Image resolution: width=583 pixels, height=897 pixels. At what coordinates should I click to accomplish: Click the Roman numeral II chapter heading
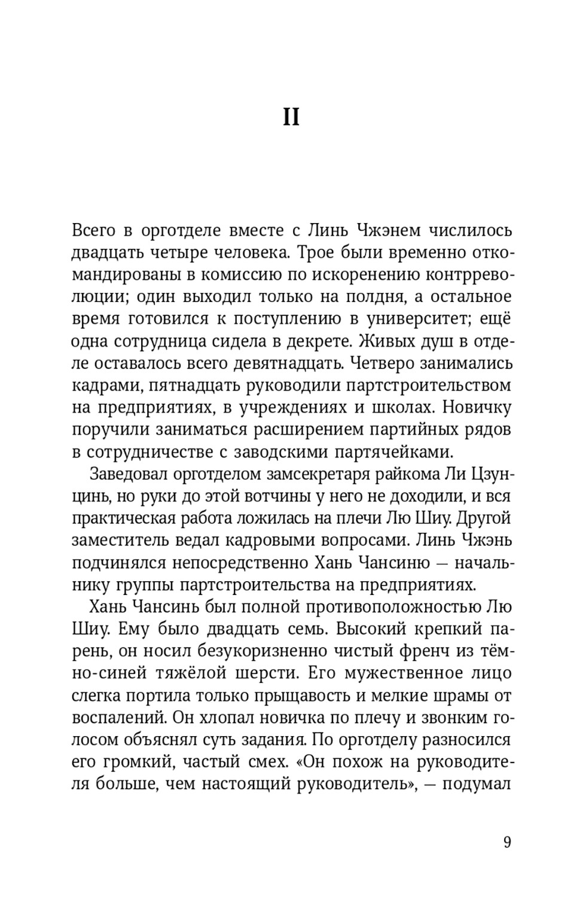click(291, 117)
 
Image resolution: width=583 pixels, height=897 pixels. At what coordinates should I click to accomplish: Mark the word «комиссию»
click(246, 275)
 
